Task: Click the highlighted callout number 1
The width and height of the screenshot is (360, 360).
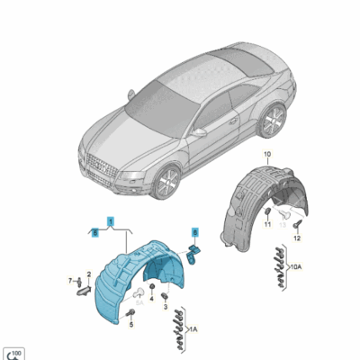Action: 111,220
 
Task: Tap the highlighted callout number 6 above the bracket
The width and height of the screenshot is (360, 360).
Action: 193,231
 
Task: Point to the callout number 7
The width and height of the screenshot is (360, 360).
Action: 70,282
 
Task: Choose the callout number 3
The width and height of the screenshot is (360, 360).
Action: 166,306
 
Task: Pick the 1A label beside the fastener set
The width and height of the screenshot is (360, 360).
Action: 192,329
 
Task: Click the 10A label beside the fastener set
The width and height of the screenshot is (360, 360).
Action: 296,266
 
